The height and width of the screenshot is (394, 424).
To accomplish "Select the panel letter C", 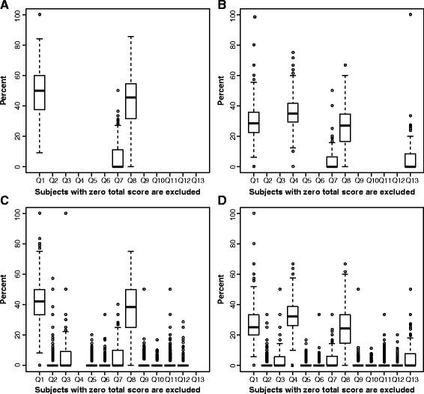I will tap(5, 204).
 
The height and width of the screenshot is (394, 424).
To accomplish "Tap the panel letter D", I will tap(222, 204).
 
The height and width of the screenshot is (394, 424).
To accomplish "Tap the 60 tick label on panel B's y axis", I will tap(232, 75).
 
